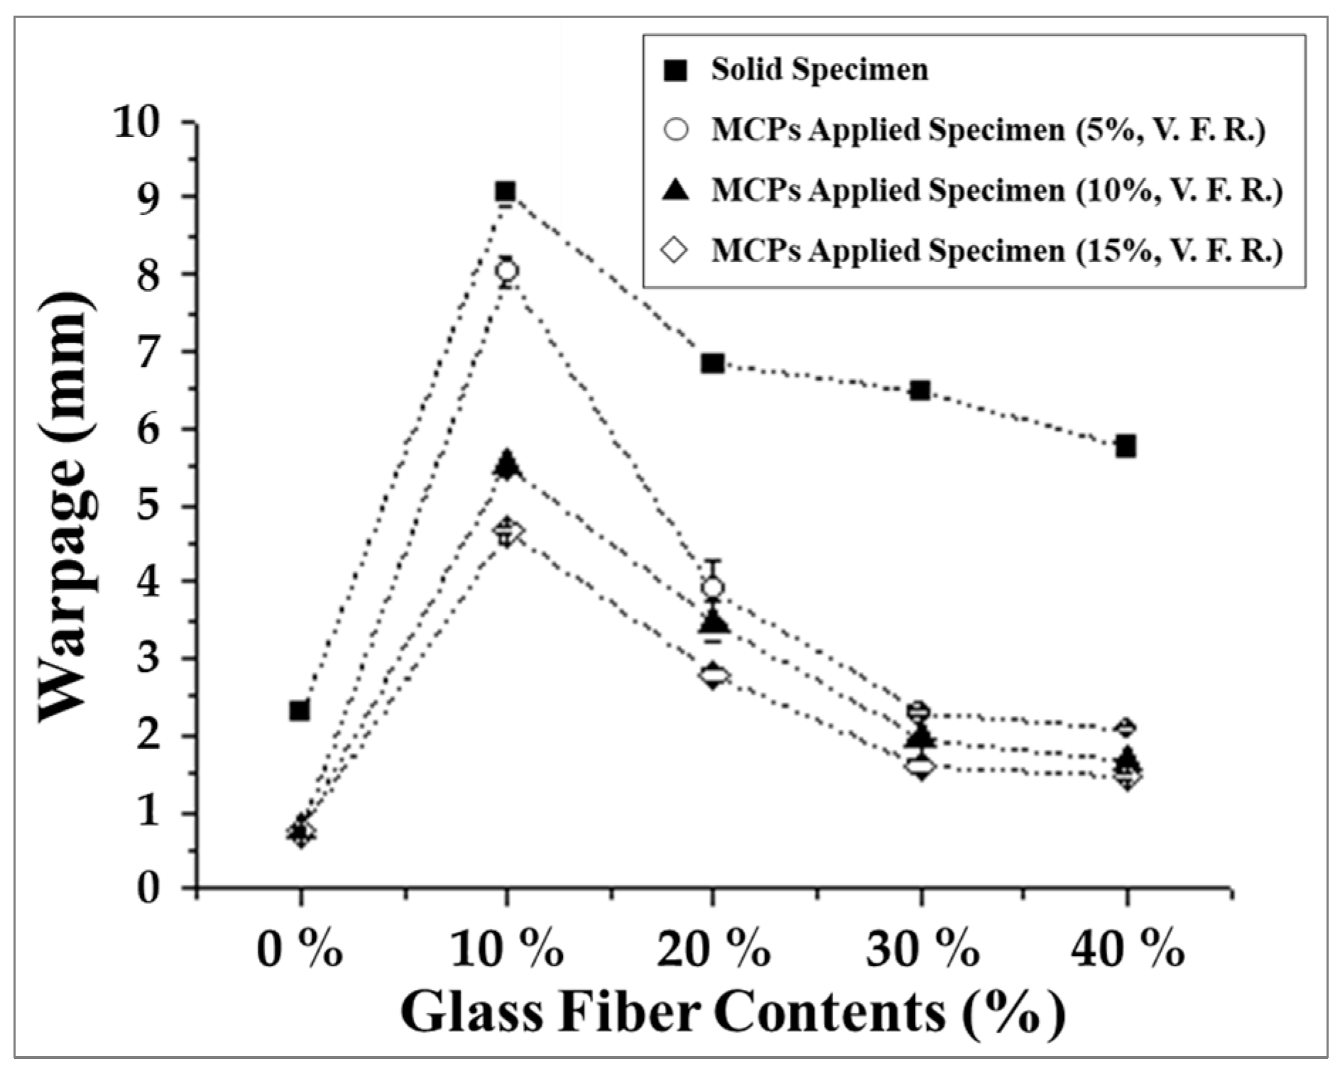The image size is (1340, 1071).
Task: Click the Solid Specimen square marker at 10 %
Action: click(505, 192)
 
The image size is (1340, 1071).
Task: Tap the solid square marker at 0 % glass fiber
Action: click(300, 710)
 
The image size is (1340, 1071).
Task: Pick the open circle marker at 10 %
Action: click(507, 270)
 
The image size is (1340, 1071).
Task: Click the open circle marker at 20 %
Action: click(713, 587)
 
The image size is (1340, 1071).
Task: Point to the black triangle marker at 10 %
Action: click(506, 464)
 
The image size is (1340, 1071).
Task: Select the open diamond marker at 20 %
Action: click(713, 674)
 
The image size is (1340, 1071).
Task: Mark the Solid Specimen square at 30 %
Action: click(921, 390)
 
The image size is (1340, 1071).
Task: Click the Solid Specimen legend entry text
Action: click(820, 70)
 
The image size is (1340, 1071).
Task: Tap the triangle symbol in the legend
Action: click(678, 191)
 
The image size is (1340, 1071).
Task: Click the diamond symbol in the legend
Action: click(678, 251)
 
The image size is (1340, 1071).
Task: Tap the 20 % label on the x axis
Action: click(713, 950)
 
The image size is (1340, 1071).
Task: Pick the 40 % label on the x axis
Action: click(1126, 950)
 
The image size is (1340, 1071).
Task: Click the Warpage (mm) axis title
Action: click(67, 506)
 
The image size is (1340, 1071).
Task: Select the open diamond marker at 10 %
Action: click(507, 531)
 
